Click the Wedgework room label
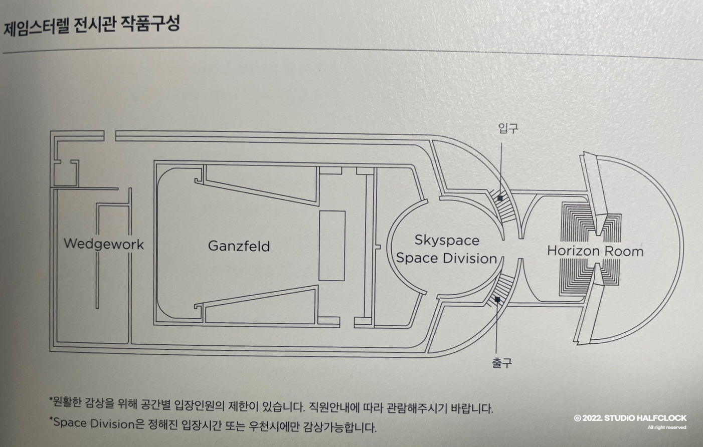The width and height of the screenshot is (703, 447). point(104,245)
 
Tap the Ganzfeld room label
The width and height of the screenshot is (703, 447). point(239,246)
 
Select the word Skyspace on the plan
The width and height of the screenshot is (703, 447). point(447,241)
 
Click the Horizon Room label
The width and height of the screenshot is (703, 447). point(595,251)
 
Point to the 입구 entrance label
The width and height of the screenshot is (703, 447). point(508,129)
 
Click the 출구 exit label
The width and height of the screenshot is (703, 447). point(502,363)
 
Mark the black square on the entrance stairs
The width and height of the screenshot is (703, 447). point(500,198)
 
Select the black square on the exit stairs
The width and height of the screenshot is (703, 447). point(497,300)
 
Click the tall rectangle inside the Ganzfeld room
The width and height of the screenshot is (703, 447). point(332,246)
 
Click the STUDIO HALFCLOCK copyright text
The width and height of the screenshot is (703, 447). point(630,418)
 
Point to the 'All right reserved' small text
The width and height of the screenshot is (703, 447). point(667,427)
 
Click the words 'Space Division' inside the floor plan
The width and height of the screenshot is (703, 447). point(446,259)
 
